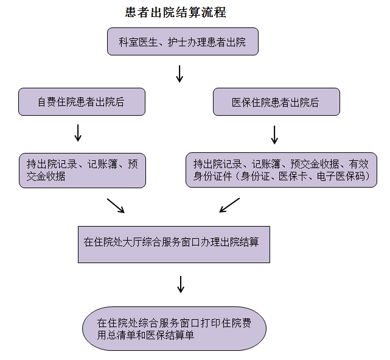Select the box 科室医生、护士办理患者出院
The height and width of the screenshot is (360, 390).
(182, 41)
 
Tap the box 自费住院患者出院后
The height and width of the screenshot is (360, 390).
(82, 102)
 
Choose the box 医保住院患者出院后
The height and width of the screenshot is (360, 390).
(276, 102)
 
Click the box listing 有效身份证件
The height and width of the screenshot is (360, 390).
(280, 170)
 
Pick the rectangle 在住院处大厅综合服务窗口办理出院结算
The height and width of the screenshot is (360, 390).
(173, 244)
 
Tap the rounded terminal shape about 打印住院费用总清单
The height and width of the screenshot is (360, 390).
(174, 328)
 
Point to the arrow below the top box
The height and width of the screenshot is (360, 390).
(179, 74)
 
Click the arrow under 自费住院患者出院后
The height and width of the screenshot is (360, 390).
(78, 133)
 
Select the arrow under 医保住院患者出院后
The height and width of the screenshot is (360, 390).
(274, 135)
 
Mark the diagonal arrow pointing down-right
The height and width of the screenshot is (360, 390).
(116, 205)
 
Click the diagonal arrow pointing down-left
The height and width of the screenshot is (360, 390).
(229, 205)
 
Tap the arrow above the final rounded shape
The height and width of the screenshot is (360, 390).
(181, 284)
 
